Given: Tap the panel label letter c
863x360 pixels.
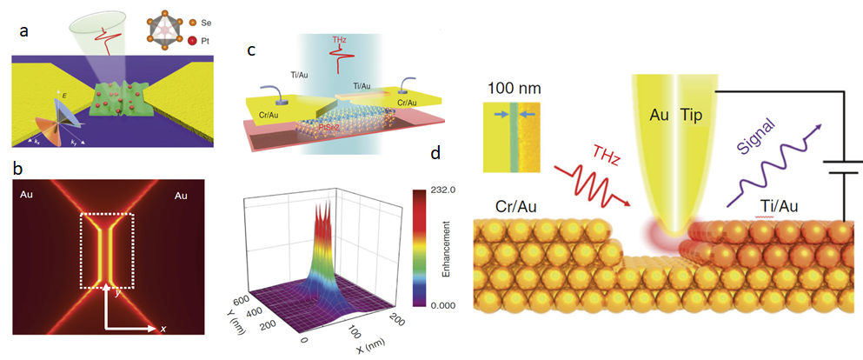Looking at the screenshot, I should [x=251, y=50].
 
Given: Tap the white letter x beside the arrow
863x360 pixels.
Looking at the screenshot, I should [x=163, y=328].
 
